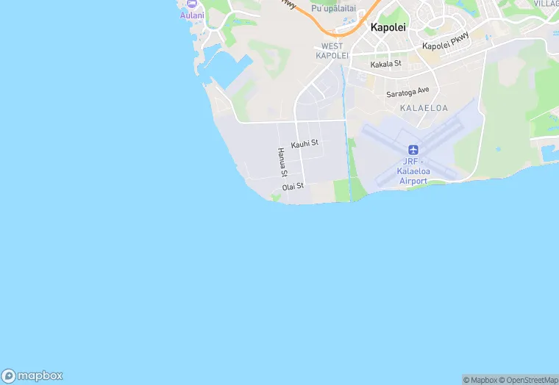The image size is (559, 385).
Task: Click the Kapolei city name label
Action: click(x=388, y=27)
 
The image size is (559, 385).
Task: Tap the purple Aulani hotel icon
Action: click(x=191, y=4)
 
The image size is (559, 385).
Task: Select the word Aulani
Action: click(x=192, y=15)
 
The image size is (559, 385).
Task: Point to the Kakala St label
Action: click(x=386, y=64)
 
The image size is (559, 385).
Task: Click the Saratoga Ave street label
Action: click(x=407, y=93)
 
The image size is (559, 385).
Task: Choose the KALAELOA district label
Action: click(x=424, y=108)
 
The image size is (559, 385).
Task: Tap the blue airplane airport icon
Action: click(x=413, y=150)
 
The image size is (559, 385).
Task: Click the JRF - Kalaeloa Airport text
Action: click(x=413, y=171)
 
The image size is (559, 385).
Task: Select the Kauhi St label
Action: click(x=305, y=144)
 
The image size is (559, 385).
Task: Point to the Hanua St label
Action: click(x=282, y=162)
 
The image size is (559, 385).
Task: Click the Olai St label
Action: click(x=293, y=187)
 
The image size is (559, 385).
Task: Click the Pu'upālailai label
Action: click(x=338, y=8)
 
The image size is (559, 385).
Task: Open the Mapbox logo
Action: click(x=32, y=375)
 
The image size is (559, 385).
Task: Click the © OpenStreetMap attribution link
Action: click(x=528, y=380)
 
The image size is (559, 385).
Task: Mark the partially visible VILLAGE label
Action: click(x=546, y=4)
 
